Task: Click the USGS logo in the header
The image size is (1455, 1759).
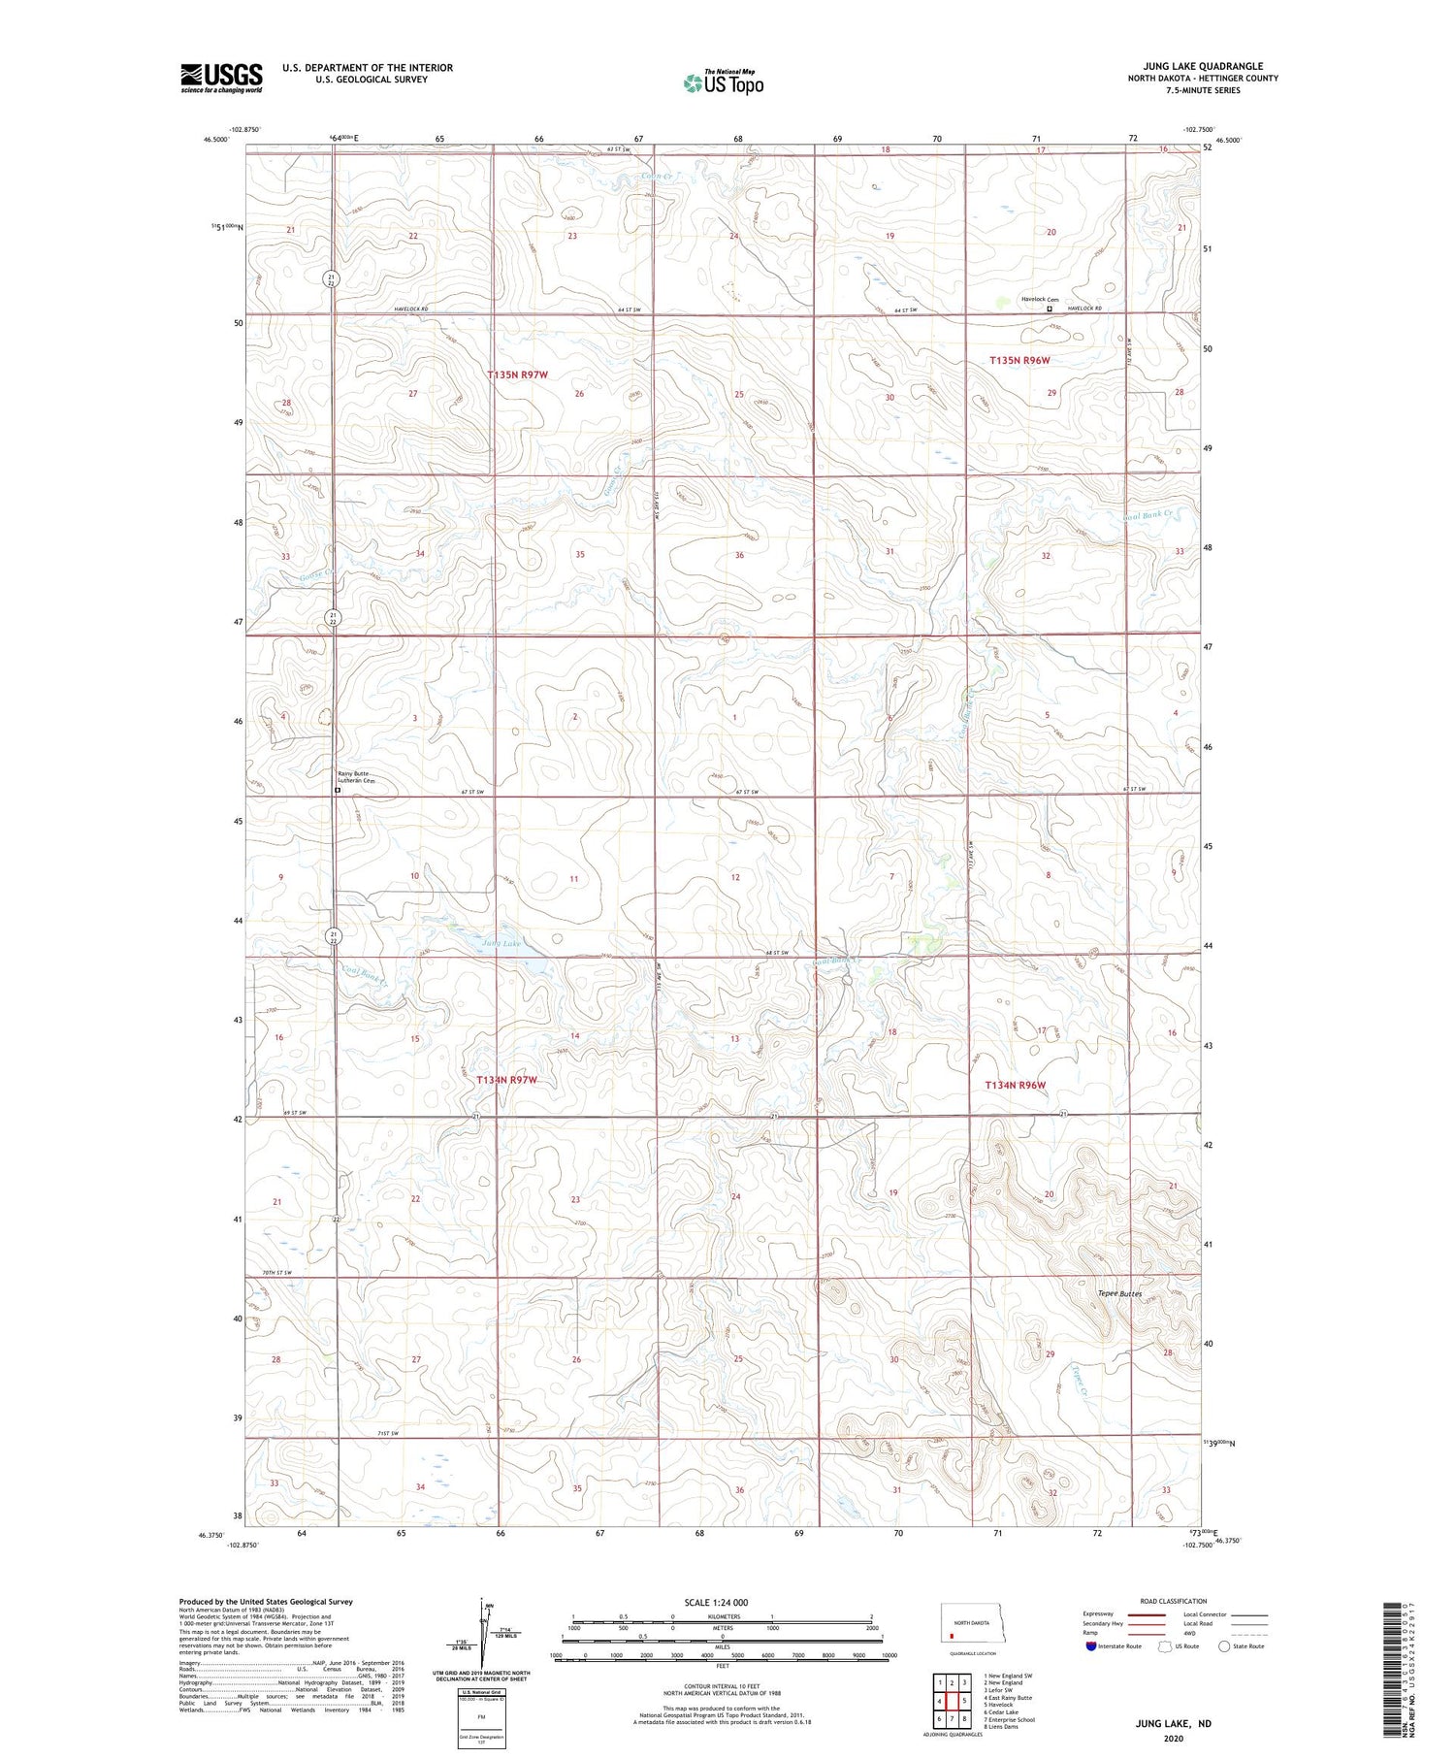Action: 221,78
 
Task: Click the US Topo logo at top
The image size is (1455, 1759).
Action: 724,83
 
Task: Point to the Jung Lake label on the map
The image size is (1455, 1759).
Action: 501,943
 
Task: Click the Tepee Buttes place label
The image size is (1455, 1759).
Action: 1119,1293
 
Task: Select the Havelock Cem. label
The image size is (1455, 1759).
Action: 1040,300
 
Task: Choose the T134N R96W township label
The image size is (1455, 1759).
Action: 1016,1085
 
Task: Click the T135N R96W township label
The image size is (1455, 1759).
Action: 1019,360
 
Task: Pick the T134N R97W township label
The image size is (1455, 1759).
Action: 506,1080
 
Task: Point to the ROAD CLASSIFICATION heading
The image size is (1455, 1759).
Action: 1174,1601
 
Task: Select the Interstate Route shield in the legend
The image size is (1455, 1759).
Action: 1091,1645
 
